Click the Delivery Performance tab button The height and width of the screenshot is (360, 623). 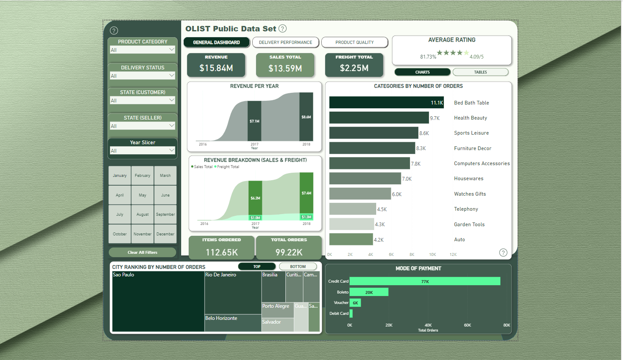(x=285, y=42)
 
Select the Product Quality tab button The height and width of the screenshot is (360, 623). (x=354, y=42)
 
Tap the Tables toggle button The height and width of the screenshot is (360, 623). (x=480, y=72)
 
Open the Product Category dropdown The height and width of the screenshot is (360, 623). (x=142, y=50)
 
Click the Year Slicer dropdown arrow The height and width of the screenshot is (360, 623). (x=172, y=150)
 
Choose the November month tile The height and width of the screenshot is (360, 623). (x=142, y=234)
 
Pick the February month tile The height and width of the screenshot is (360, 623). (x=142, y=176)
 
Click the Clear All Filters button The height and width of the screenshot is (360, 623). (x=142, y=253)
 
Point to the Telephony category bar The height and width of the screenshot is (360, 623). (x=352, y=209)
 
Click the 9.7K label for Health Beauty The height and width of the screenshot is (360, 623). (x=435, y=118)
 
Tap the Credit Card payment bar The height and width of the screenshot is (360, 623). (x=425, y=281)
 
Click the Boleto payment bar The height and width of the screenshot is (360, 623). (x=369, y=292)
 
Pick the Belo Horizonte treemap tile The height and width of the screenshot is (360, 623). (x=233, y=323)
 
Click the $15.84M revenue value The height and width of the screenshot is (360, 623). (x=216, y=68)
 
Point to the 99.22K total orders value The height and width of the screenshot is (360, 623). (x=289, y=253)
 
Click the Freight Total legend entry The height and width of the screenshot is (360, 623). (x=228, y=167)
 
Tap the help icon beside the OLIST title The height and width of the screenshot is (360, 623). (x=283, y=28)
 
